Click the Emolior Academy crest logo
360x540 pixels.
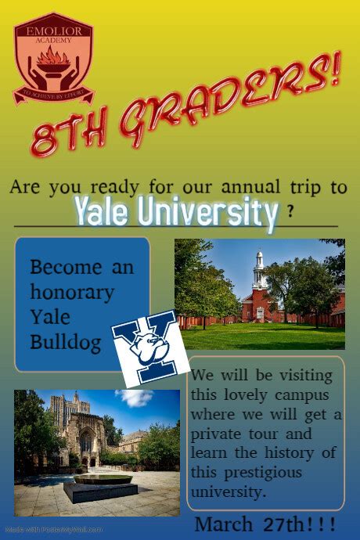pos(53,63)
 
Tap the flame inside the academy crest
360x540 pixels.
pos(53,56)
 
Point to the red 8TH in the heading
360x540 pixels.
pos(67,135)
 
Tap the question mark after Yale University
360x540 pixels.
pos(291,211)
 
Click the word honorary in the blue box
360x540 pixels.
pos(72,293)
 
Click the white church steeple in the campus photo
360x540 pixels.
pos(258,270)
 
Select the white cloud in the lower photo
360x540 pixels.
pos(134,398)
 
